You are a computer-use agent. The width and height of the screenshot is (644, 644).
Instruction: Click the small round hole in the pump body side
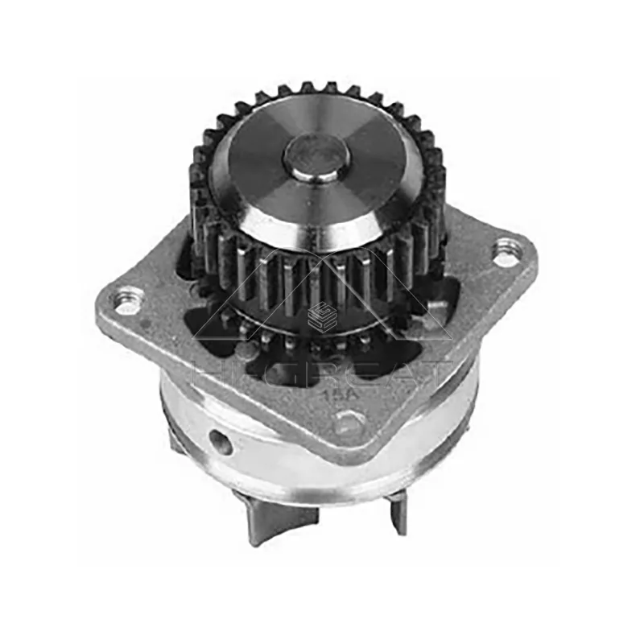pos(218,440)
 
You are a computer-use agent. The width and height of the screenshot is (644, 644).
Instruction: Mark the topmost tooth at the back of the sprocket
pos(308,88)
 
